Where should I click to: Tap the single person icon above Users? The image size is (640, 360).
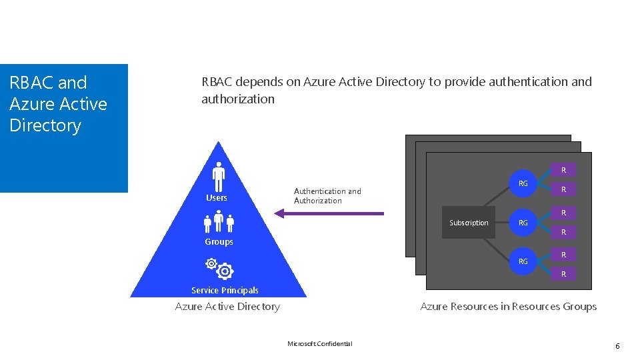(x=218, y=177)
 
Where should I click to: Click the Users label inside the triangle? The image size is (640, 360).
(x=217, y=198)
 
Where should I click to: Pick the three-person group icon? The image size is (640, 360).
(x=219, y=222)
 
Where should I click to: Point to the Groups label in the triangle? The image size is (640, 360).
(x=219, y=242)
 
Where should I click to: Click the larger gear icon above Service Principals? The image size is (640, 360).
(x=225, y=271)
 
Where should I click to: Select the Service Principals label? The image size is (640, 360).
(x=225, y=290)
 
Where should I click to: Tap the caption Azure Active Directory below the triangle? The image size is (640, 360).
(x=227, y=307)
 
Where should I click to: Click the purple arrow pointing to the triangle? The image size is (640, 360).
(x=329, y=213)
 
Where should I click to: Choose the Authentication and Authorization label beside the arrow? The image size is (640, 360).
(x=327, y=196)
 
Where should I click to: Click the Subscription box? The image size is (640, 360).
(x=469, y=223)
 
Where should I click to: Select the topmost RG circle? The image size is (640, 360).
(x=523, y=183)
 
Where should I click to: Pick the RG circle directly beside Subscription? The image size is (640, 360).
(x=523, y=223)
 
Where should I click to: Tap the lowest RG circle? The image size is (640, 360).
(x=523, y=261)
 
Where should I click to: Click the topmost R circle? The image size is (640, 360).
(x=563, y=170)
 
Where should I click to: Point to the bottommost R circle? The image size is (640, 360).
(x=563, y=274)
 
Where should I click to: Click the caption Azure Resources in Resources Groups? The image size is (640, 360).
(x=508, y=307)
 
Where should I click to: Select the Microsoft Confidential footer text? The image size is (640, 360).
(x=320, y=344)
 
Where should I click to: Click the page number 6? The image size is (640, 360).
(x=617, y=346)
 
